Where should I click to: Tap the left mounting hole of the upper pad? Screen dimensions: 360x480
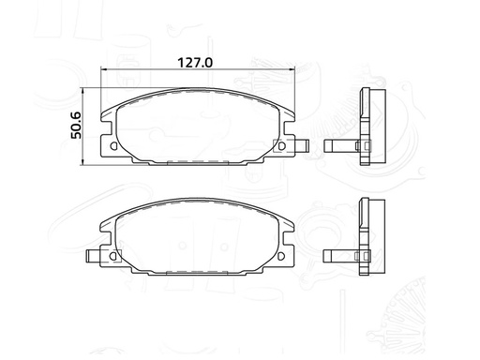coord(114,146)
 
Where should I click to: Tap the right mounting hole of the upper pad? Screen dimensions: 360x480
coord(277,146)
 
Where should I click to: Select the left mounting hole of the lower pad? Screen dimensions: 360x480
coord(114,254)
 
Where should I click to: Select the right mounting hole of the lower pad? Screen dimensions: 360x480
coord(277,254)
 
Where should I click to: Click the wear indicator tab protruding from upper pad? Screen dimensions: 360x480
coord(300,145)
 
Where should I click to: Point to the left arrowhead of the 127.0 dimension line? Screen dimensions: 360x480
coord(103,71)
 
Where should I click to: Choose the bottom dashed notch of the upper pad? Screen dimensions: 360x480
coord(196,162)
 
